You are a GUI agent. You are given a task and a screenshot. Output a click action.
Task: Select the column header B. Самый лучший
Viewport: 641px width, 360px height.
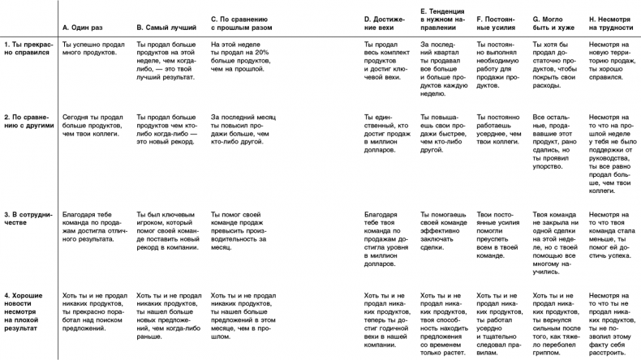click(162, 27)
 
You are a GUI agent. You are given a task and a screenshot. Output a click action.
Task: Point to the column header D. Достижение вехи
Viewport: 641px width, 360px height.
click(381, 22)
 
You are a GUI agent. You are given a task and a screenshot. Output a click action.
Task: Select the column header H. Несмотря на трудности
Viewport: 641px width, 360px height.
click(609, 22)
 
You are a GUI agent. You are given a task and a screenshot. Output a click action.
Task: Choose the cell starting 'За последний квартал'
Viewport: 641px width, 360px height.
click(444, 66)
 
